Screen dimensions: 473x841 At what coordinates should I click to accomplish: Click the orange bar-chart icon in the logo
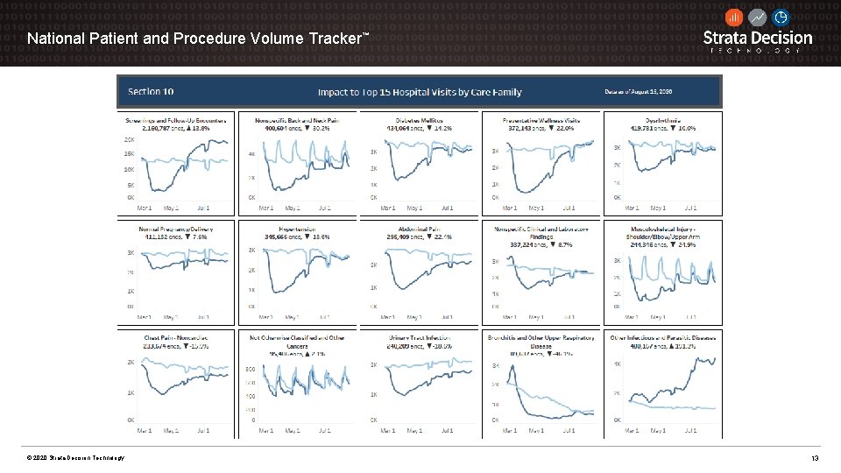click(x=734, y=18)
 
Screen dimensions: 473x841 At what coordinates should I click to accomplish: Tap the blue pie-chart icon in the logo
click(x=781, y=18)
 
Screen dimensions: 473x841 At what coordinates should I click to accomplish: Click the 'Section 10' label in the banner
click(x=151, y=91)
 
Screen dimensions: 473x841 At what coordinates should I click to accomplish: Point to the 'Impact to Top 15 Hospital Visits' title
click(x=419, y=91)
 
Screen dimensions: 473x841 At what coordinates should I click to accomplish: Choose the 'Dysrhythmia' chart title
click(x=662, y=120)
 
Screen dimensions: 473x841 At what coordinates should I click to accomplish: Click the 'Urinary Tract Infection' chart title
click(x=419, y=337)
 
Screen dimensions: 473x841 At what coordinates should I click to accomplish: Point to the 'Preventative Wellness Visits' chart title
click(x=541, y=120)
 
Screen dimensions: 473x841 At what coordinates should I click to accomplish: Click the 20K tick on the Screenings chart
click(x=129, y=139)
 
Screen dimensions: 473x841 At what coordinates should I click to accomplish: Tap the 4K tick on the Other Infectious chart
click(x=616, y=363)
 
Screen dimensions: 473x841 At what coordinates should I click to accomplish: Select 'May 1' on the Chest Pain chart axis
click(x=170, y=431)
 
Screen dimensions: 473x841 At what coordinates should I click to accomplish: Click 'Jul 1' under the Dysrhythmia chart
click(x=689, y=208)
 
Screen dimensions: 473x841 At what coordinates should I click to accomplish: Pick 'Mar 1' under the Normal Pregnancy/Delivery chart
click(x=145, y=317)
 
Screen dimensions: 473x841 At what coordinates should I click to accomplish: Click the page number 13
click(x=815, y=458)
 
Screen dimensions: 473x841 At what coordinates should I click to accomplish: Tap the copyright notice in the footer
click(x=75, y=458)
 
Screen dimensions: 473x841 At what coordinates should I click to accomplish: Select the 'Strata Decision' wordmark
click(x=758, y=38)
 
